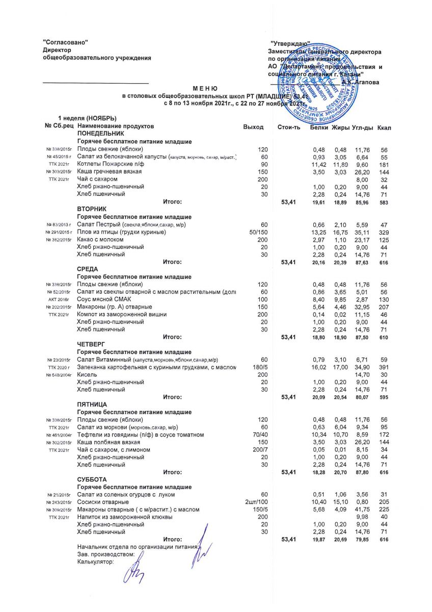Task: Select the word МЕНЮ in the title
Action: pyautogui.click(x=205, y=89)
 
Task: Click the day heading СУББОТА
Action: pyautogui.click(x=91, y=480)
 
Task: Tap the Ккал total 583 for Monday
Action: pyautogui.click(x=383, y=202)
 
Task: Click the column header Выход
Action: pyautogui.click(x=254, y=126)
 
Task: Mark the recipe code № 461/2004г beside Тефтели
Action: pyautogui.click(x=59, y=435)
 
